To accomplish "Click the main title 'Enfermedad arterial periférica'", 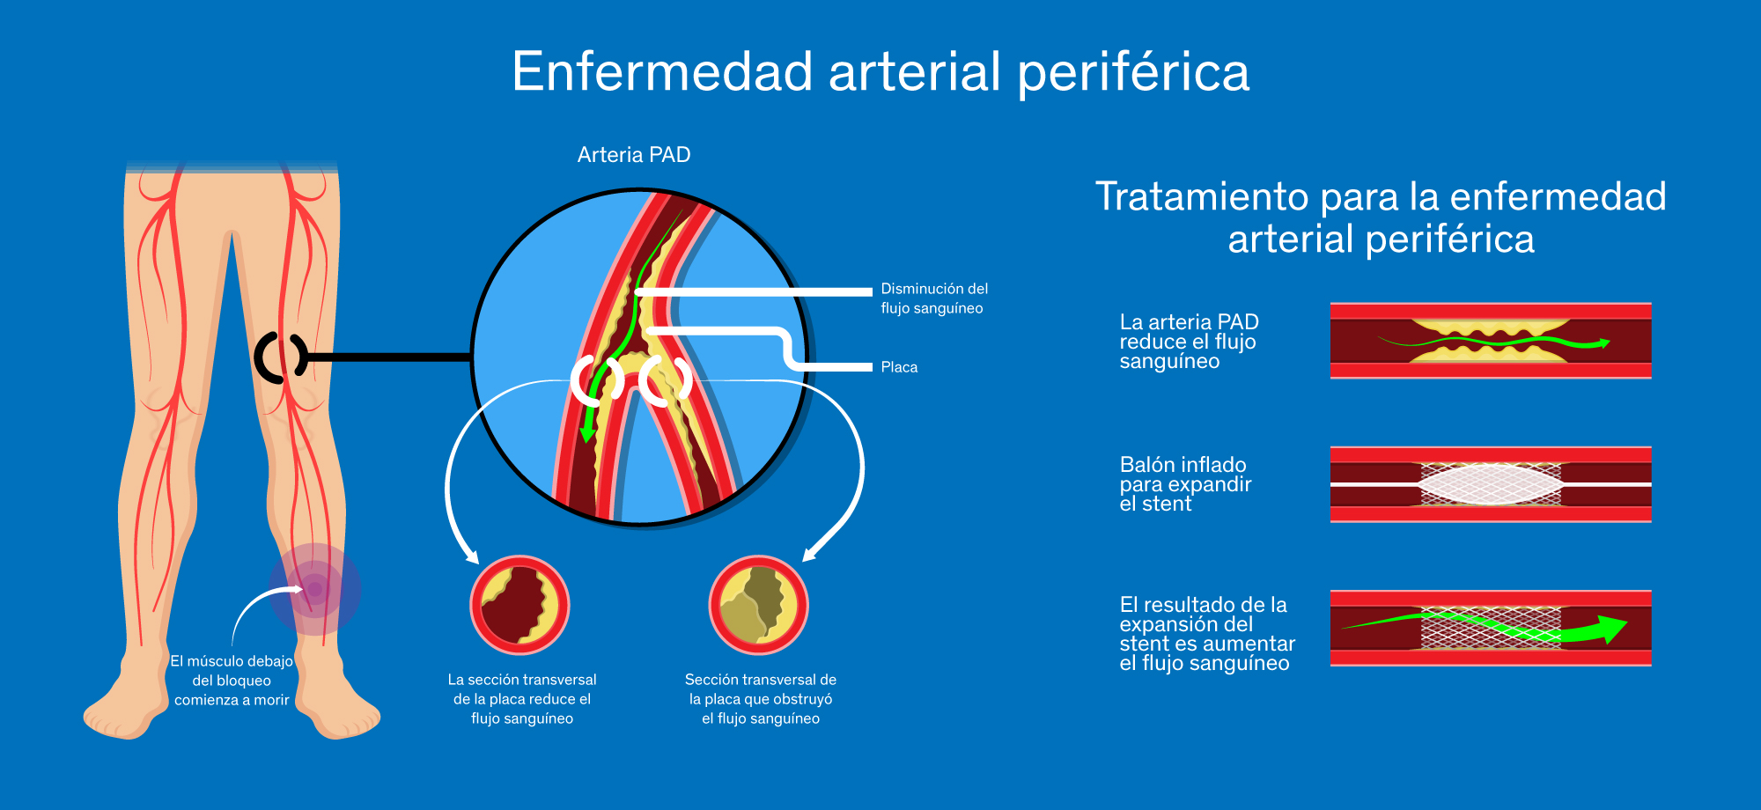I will pos(880,72).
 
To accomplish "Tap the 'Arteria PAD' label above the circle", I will pos(634,155).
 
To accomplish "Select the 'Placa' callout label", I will pos(899,367).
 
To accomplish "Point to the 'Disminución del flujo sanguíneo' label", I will pos(933,298).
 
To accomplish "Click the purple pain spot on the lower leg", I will pos(314,588).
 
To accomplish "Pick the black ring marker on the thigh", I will pos(280,357).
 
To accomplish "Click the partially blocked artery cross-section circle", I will pos(519,606).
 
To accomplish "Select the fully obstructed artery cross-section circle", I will pos(758,606).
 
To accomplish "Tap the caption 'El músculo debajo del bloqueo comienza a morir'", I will pos(232,681).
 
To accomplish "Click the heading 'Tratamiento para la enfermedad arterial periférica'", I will pos(1381,217).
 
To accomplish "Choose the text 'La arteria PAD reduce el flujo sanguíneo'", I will pos(1189,342).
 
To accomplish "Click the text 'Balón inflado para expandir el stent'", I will pos(1185,484).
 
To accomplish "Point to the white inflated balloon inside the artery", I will pos(1490,484).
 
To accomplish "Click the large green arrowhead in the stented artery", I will pos(1611,629).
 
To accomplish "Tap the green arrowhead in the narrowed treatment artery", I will pos(1604,343).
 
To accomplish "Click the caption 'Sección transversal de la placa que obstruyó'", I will pos(761,699).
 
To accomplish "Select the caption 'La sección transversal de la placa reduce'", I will pos(522,699).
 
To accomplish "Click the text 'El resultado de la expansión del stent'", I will pos(1206,634).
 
